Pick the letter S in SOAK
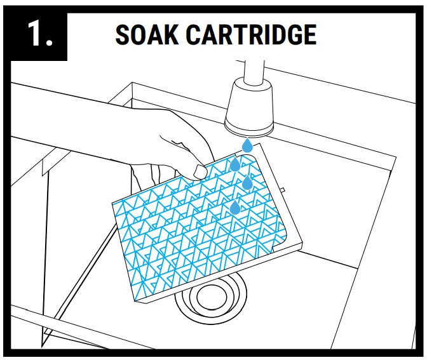click(123, 34)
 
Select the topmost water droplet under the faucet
click(247, 146)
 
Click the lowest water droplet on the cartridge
click(235, 208)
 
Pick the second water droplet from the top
click(235, 164)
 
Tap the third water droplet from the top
click(248, 183)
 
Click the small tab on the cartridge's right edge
click(282, 189)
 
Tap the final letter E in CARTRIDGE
click(308, 34)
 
